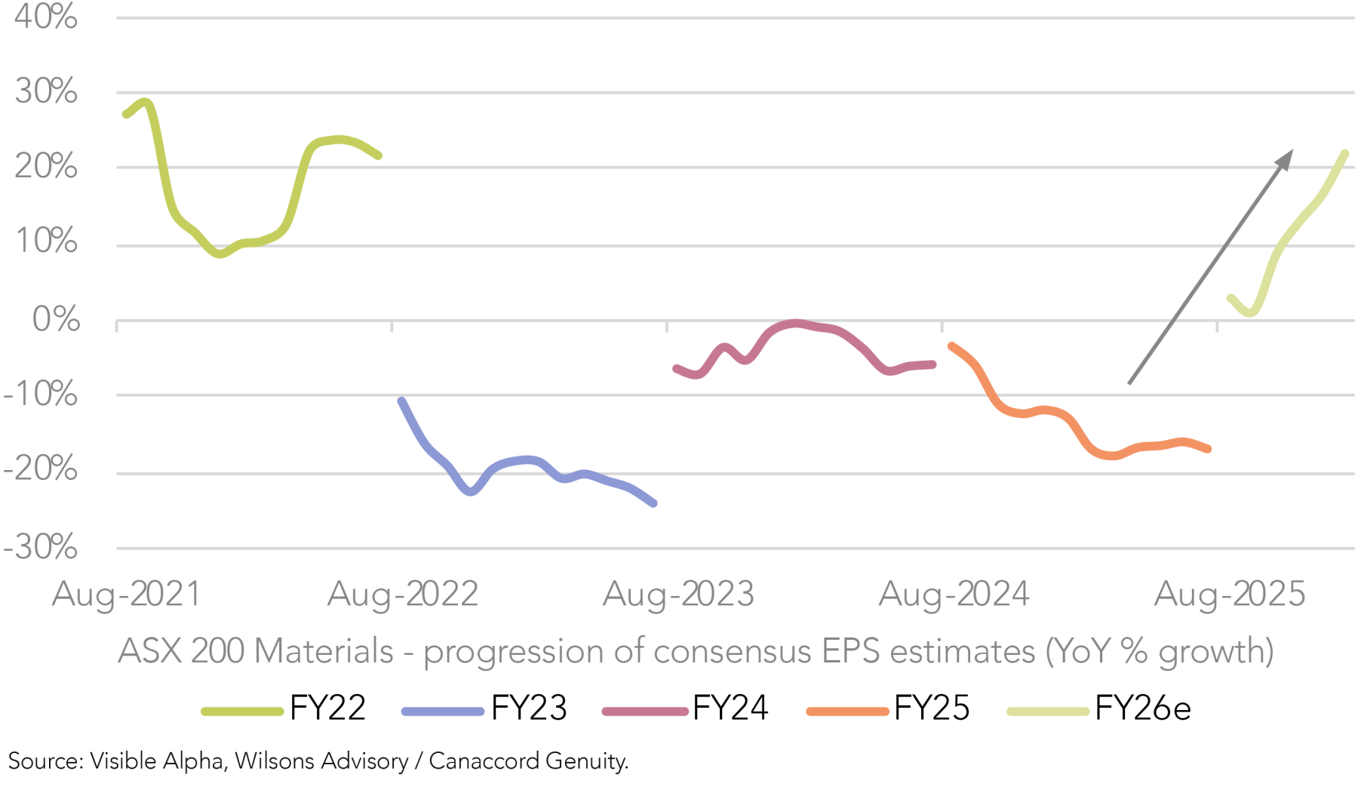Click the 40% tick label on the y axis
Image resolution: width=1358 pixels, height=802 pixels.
[45, 16]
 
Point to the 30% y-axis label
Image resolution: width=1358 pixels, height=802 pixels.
[45, 91]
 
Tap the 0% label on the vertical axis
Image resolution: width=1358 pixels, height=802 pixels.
[56, 319]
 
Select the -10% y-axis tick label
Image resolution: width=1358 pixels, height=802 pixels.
[41, 394]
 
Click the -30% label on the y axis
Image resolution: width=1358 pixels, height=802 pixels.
[41, 547]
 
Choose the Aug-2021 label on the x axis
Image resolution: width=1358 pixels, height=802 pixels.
[127, 595]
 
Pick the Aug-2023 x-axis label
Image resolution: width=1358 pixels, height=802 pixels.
[678, 595]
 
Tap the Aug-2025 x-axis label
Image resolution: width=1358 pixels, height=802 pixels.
[1230, 595]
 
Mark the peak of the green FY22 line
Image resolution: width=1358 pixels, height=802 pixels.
[145, 102]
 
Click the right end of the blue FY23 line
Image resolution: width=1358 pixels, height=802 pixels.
[653, 503]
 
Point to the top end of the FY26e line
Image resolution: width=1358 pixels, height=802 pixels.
[1345, 154]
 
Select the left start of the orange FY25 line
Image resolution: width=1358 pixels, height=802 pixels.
[952, 346]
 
